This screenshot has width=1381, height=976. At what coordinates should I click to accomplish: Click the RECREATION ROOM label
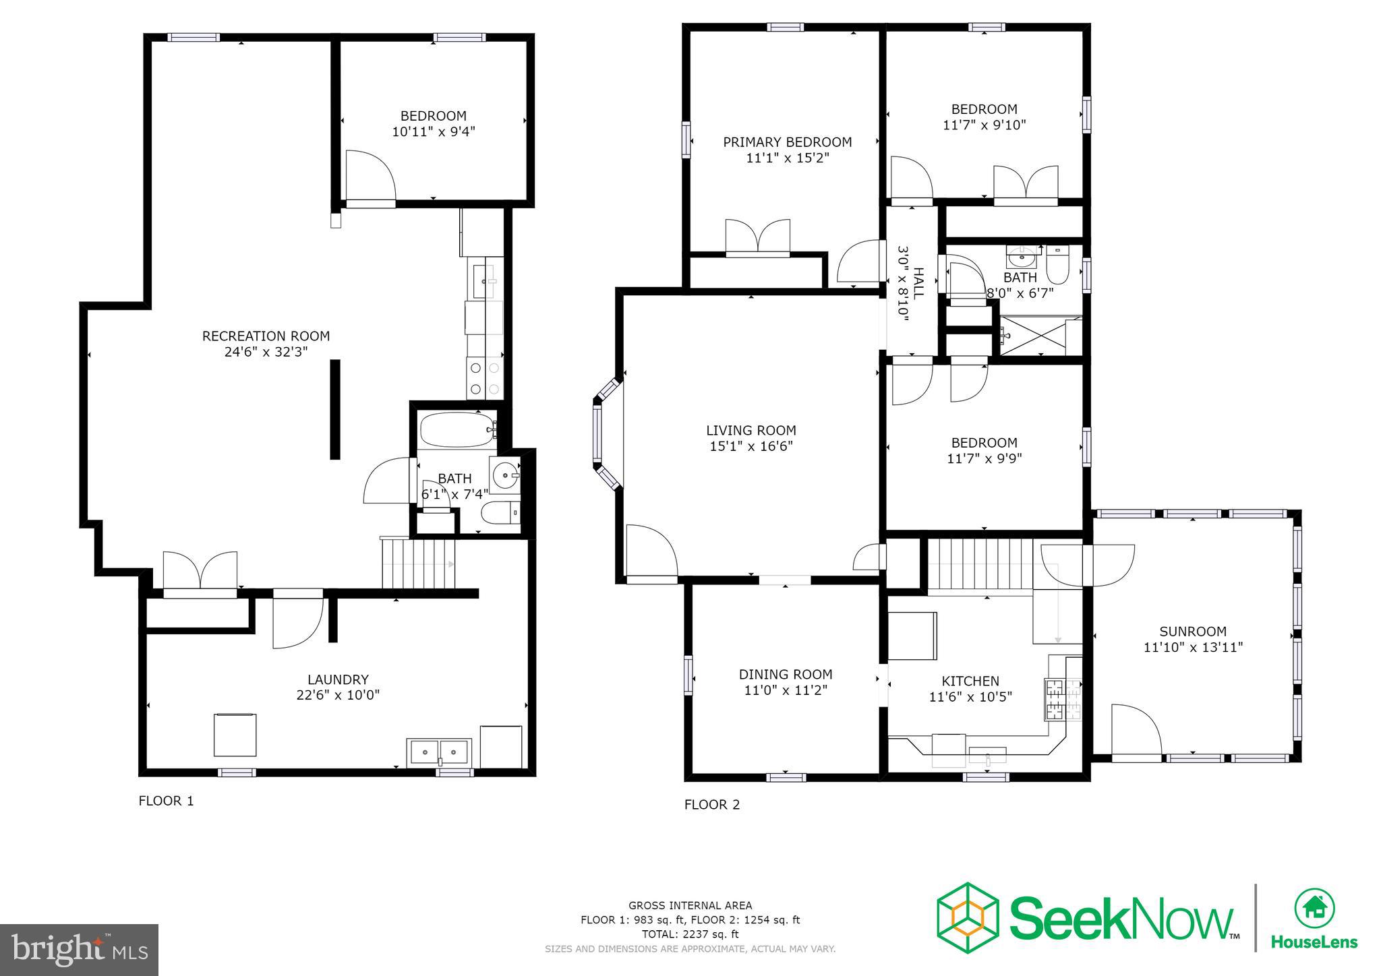266,336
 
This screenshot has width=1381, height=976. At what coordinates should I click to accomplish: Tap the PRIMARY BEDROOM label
787,142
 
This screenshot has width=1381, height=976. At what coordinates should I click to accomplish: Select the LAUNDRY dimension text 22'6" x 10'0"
338,695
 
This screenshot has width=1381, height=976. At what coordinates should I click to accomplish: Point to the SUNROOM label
1192,632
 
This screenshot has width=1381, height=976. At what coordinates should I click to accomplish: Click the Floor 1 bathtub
457,430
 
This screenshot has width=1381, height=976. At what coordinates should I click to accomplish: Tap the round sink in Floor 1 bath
505,475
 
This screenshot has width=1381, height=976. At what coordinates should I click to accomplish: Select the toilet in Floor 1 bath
500,514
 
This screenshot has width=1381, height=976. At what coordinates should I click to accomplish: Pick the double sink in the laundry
439,752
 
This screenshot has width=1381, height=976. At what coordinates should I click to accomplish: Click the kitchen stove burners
1062,699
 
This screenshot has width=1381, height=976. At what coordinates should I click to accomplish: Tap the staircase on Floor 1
418,563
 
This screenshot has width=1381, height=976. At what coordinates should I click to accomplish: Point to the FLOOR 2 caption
711,805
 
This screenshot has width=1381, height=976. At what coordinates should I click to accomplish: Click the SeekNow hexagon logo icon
967,917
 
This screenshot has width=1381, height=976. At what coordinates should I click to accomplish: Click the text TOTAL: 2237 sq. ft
690,934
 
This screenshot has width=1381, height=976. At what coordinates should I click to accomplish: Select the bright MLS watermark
79,950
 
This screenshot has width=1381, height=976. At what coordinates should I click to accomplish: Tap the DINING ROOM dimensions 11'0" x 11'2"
785,690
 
